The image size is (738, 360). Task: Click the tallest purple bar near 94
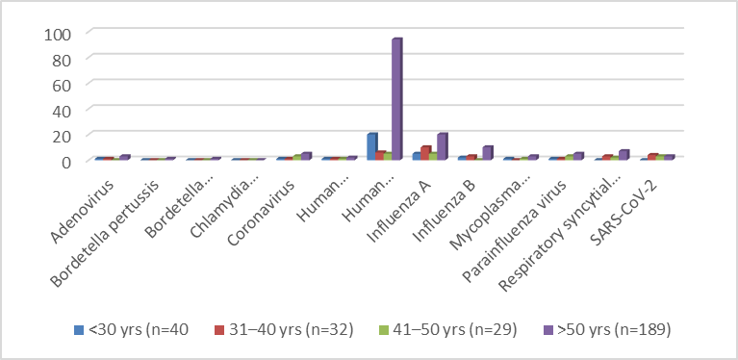(396, 99)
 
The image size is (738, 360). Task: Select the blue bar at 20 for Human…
(372, 147)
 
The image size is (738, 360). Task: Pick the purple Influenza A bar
(442, 147)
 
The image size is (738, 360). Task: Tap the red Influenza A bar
(426, 153)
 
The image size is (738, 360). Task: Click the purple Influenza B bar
(487, 153)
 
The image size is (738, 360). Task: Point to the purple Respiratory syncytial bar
(623, 155)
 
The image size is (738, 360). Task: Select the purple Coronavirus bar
(306, 156)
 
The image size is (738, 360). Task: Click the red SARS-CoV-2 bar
(652, 157)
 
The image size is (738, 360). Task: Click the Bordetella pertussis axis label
(106, 233)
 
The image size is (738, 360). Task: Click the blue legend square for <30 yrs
(79, 330)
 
